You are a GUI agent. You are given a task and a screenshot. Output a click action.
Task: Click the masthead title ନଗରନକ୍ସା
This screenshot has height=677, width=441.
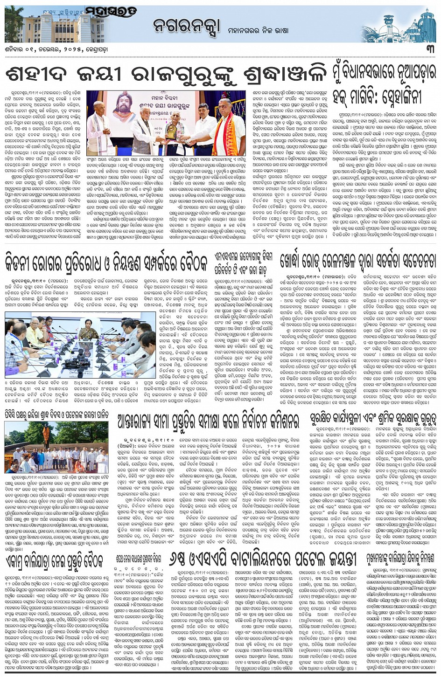[x=184, y=27]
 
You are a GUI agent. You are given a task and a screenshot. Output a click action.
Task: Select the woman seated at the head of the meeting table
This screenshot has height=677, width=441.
[x=87, y=332]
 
